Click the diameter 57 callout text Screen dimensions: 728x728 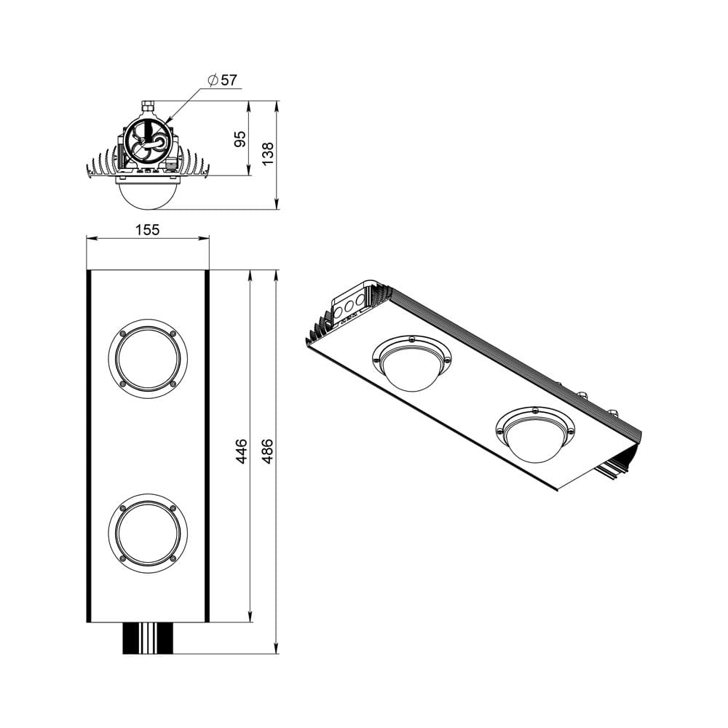(222, 80)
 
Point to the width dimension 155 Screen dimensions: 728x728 (147, 229)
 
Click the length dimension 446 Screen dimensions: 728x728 (241, 451)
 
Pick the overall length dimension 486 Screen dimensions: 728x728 (267, 451)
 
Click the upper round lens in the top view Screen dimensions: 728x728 (148, 358)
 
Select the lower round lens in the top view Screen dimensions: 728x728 (148, 533)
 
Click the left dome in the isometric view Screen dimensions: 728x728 (411, 364)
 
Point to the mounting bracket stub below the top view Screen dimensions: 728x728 (148, 638)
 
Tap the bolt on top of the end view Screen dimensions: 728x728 (148, 106)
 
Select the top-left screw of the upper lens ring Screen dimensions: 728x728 (122, 333)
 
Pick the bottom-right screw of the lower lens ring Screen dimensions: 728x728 (173, 558)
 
